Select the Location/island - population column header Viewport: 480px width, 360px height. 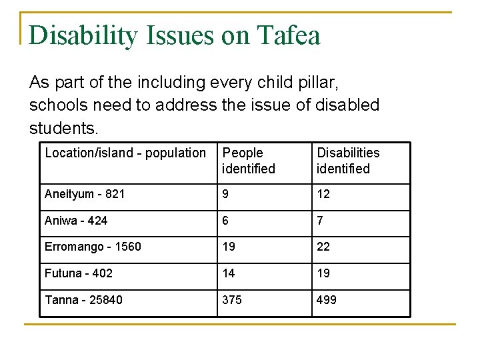click(125, 153)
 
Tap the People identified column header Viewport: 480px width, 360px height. click(249, 161)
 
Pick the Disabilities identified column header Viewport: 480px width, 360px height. click(347, 161)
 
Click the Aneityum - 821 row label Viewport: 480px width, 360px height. click(85, 194)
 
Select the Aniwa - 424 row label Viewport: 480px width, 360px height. click(76, 221)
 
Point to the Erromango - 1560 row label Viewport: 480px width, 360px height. click(93, 247)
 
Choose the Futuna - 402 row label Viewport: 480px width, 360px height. click(79, 273)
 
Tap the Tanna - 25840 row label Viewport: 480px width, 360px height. click(83, 300)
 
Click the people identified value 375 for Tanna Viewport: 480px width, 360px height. click(232, 300)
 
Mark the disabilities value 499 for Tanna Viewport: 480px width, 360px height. click(327, 300)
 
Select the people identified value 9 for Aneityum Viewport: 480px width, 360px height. click(226, 194)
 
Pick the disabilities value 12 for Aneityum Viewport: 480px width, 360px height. click(323, 194)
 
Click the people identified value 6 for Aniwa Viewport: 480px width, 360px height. click(226, 221)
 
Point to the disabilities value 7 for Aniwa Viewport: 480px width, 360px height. click(320, 221)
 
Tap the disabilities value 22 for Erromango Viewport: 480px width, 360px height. click(323, 247)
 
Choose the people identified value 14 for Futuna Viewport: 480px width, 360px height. click(229, 273)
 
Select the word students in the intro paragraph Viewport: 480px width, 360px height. click(63, 127)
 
